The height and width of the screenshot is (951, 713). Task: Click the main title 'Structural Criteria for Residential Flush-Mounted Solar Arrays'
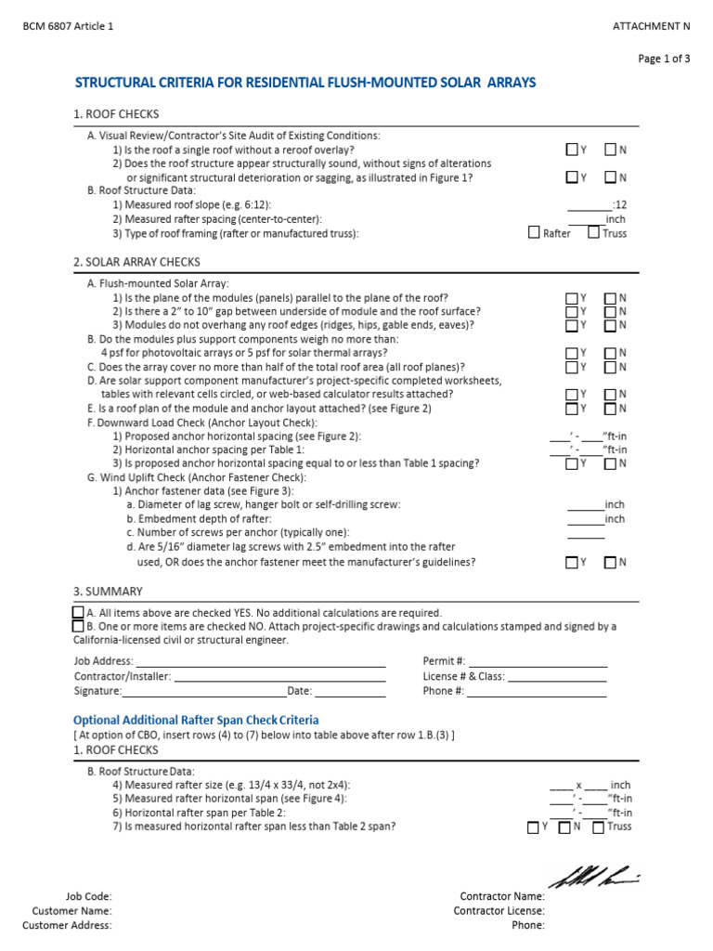(305, 84)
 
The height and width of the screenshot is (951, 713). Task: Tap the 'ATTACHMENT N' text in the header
(652, 27)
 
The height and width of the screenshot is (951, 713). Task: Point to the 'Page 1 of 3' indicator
(664, 59)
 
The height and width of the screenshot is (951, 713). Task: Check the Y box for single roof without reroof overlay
(572, 150)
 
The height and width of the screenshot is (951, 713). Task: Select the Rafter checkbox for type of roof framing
(534, 233)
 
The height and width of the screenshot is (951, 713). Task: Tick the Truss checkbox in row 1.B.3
(593, 233)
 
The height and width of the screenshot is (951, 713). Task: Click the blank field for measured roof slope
(590, 204)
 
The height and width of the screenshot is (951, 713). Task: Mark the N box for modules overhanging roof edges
(610, 325)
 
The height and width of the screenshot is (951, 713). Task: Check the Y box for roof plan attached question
(572, 408)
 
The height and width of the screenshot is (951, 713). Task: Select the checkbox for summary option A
(78, 613)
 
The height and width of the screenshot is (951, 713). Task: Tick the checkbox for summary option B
(78, 627)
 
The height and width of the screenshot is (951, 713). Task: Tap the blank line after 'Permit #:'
(538, 661)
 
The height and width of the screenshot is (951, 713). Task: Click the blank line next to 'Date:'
(350, 691)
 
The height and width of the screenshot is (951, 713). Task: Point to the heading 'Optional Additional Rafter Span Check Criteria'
(196, 720)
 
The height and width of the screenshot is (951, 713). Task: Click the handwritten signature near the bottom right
(593, 875)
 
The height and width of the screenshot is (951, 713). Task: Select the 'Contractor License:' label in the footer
(499, 911)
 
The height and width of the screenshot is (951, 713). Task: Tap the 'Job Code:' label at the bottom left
(88, 896)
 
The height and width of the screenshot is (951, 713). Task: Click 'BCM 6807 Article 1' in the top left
(68, 27)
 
